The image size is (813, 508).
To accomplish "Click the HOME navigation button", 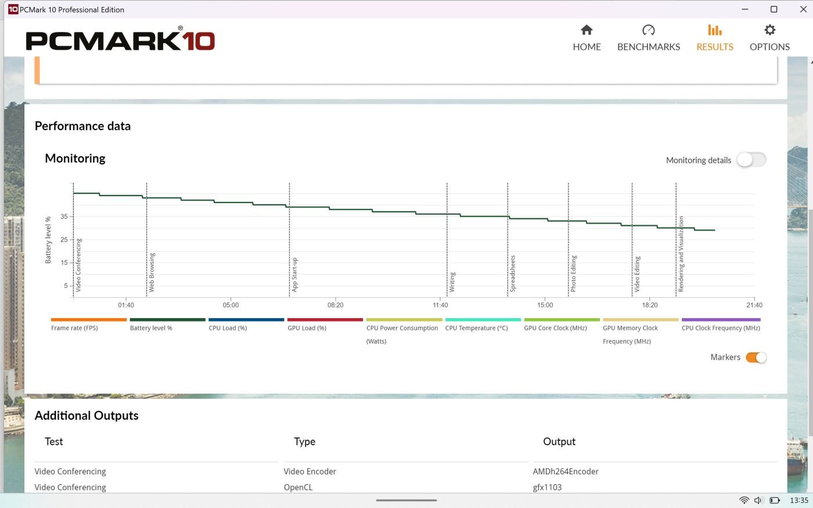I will [587, 38].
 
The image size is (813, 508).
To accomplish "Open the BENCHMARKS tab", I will [648, 38].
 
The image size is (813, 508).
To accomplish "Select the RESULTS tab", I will [714, 38].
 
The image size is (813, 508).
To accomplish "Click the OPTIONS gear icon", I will [769, 30].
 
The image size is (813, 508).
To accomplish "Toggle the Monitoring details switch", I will [751, 160].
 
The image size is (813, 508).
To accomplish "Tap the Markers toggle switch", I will [756, 357].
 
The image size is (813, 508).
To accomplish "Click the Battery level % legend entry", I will [151, 328].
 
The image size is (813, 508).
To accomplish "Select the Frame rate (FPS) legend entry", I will [74, 328].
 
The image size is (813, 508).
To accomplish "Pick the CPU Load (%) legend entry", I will [228, 328].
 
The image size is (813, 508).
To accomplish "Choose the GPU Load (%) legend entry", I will [307, 328].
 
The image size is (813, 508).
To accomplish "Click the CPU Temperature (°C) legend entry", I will [476, 328].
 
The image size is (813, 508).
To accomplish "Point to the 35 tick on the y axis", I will [64, 217].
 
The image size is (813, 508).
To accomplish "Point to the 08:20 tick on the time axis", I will [335, 305].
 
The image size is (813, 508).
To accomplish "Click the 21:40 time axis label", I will [754, 305].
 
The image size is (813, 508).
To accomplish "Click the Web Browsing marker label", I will [152, 272].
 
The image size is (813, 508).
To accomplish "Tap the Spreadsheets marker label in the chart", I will [513, 273].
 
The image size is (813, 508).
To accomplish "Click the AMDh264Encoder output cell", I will [566, 471].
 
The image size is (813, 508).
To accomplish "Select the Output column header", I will [559, 441].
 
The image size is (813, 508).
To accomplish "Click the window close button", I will [803, 9].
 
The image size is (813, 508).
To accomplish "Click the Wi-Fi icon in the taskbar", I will [744, 500].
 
